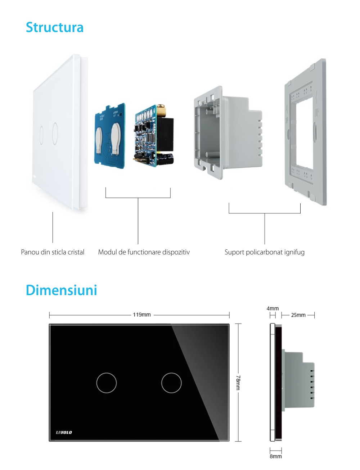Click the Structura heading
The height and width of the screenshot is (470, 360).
tap(55, 27)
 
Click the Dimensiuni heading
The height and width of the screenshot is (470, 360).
tap(61, 290)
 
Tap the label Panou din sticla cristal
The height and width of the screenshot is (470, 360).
tap(53, 252)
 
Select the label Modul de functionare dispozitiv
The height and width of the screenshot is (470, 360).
tap(144, 252)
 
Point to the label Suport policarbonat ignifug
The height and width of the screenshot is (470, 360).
tap(264, 252)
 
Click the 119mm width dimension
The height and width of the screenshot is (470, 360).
tap(142, 315)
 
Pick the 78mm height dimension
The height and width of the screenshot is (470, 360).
tap(238, 382)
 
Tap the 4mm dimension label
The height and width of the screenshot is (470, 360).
tap(273, 308)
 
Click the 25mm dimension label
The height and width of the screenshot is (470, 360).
tap(298, 315)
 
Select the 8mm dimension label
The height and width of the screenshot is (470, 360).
tap(276, 456)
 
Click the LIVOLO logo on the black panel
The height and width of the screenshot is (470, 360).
tap(64, 432)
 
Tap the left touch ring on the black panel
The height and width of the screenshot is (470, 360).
tap(107, 383)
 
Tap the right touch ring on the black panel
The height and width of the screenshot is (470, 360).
tap(171, 383)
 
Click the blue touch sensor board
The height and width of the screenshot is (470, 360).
tap(110, 136)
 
